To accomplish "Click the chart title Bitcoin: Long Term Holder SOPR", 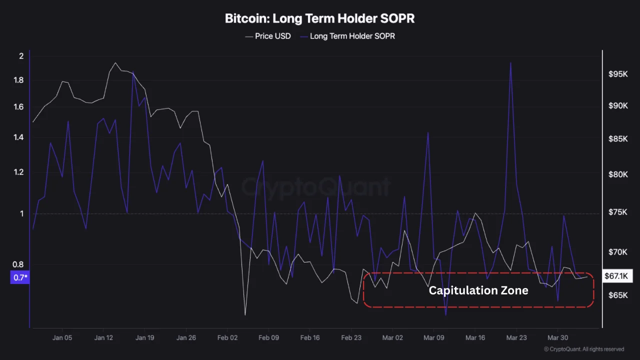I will pyautogui.click(x=319, y=19).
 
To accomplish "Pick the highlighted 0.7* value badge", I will pyautogui.click(x=19, y=277).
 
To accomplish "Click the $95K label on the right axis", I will pyautogui.click(x=617, y=74).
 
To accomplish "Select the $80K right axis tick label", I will pyautogui.click(x=617, y=174).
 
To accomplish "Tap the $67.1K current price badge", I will pyautogui.click(x=617, y=276).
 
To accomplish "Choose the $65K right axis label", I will pyautogui.click(x=617, y=295).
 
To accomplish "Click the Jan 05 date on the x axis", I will pyautogui.click(x=62, y=337).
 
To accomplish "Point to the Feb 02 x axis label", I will pyautogui.click(x=227, y=337).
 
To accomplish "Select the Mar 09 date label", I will pyautogui.click(x=433, y=337).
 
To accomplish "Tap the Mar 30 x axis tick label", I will pyautogui.click(x=557, y=337).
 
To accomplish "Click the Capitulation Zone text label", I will pyautogui.click(x=478, y=290).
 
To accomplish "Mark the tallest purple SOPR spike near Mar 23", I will pyautogui.click(x=510, y=63).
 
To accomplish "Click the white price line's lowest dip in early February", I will pyautogui.click(x=245, y=314).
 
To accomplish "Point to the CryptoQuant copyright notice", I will pyautogui.click(x=584, y=349).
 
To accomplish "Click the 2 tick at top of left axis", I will pyautogui.click(x=21, y=56).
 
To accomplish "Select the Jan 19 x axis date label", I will pyautogui.click(x=144, y=337).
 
